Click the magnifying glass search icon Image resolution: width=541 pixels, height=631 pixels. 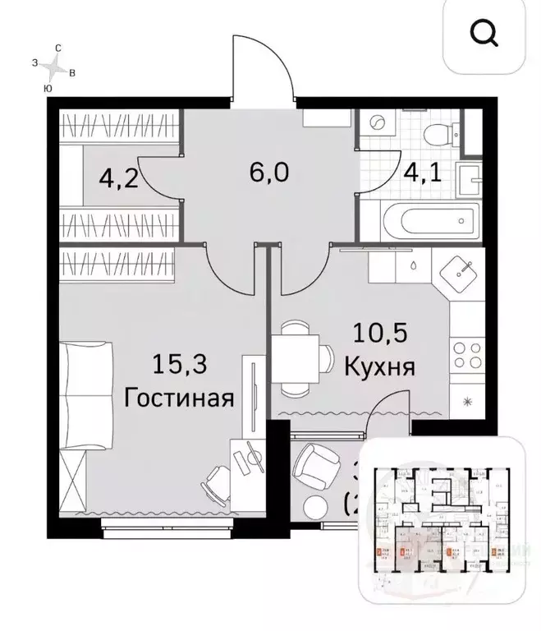[484, 34]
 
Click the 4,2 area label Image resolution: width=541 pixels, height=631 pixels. [117, 178]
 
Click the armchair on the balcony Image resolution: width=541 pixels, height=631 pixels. [314, 465]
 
